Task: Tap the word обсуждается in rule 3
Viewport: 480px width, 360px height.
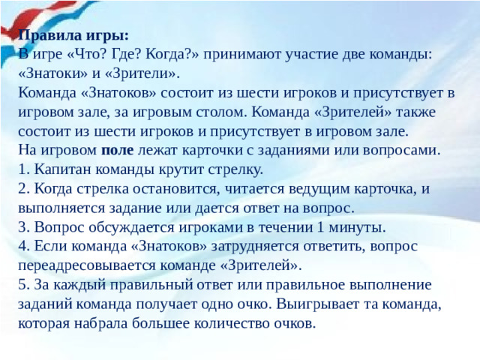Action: [121, 226]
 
